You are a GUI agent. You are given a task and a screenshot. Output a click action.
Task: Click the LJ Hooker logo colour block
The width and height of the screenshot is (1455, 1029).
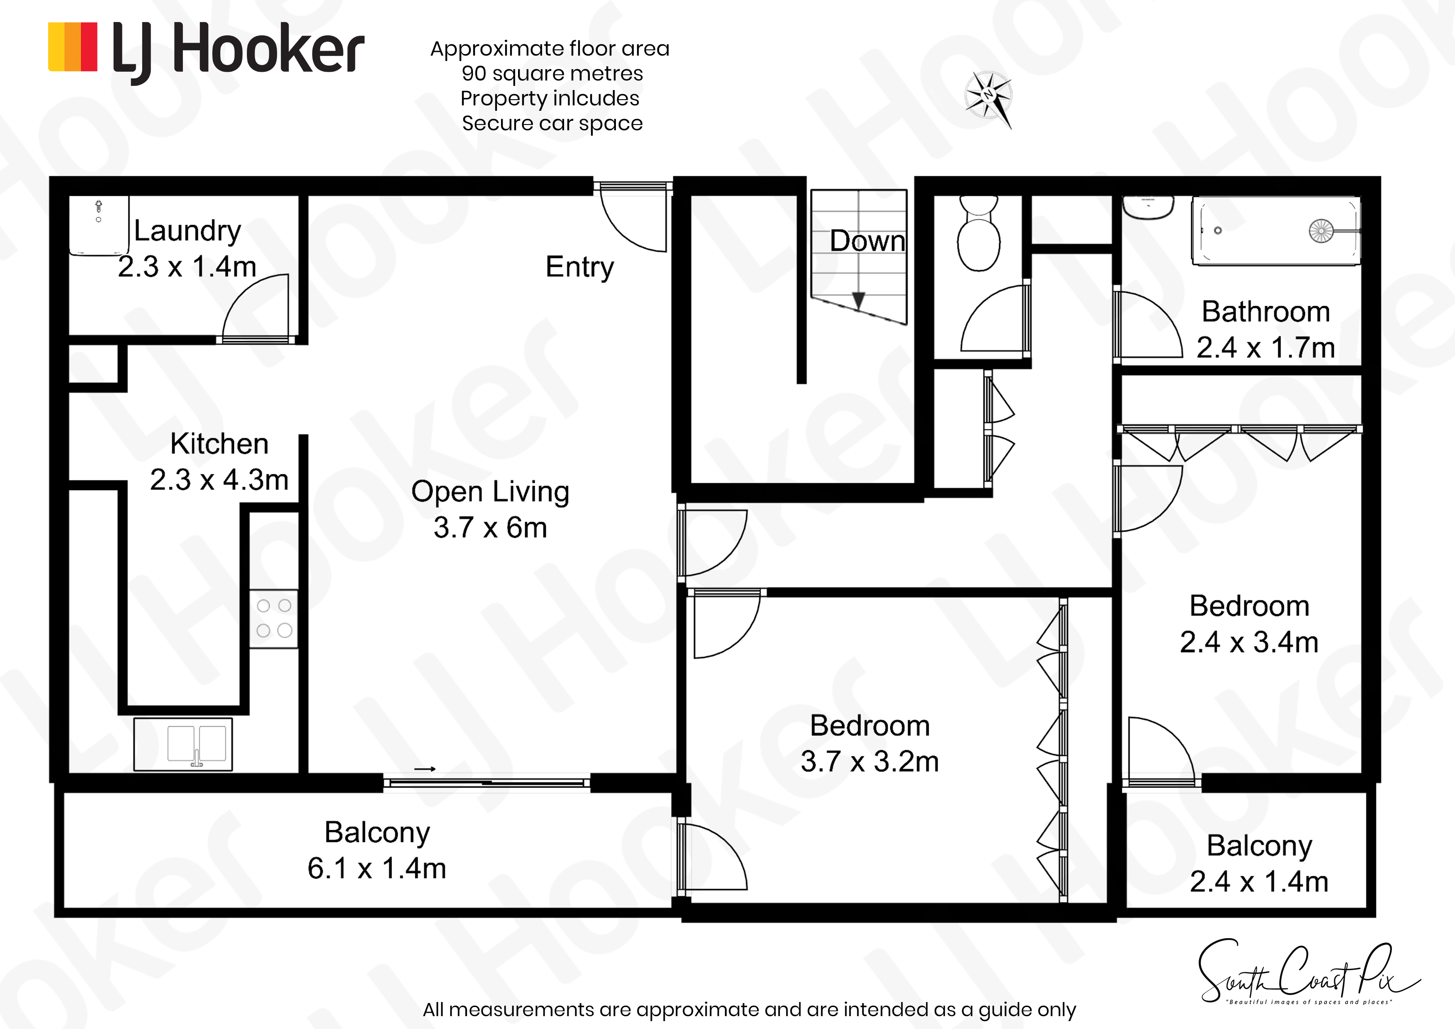tap(73, 47)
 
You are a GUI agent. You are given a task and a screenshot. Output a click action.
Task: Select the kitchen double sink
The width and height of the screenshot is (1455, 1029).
tap(183, 744)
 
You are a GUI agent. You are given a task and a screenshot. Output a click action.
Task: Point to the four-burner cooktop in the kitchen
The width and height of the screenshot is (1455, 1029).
tap(274, 619)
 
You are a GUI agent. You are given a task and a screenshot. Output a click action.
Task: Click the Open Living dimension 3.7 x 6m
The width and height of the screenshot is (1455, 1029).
tap(490, 527)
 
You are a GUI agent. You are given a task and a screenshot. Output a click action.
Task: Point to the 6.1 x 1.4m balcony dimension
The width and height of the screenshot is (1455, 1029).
tap(377, 868)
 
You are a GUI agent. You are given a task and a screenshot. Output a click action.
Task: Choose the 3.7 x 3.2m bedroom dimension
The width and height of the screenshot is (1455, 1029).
tap(869, 761)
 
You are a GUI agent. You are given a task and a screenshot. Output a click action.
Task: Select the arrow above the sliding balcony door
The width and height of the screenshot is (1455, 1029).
tap(425, 769)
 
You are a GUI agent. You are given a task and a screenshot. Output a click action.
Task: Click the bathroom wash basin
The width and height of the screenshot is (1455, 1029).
tap(1148, 208)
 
